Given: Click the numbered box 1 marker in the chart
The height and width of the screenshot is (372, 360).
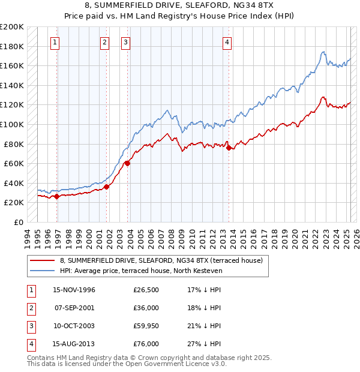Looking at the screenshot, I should (55, 42).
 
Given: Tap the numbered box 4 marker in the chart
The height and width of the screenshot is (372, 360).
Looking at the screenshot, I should (227, 42).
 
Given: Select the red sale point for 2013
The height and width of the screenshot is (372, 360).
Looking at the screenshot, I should (229, 148).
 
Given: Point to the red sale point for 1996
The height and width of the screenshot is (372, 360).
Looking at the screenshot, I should (56, 196).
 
